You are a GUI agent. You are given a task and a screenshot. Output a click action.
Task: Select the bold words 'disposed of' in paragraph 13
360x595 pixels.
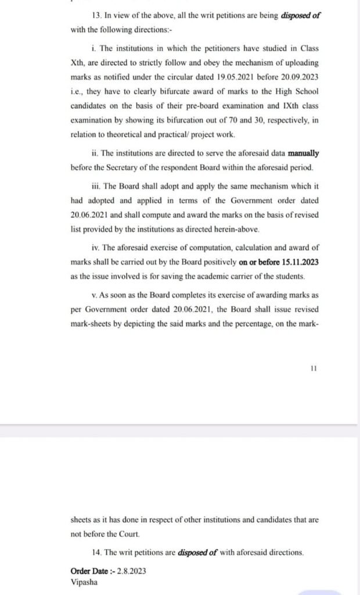coord(301,16)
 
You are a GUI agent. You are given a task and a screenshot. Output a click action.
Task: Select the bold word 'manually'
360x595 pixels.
coord(303,153)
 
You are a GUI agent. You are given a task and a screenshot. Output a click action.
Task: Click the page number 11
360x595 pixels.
coord(314,368)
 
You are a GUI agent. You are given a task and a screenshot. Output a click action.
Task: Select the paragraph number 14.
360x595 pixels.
coord(97,553)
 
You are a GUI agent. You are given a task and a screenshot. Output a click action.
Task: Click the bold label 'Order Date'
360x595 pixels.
coord(90,571)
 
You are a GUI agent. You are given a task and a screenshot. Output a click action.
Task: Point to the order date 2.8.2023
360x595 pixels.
coord(131,571)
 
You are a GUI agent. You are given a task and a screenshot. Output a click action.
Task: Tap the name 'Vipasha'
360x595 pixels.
coord(84,580)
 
